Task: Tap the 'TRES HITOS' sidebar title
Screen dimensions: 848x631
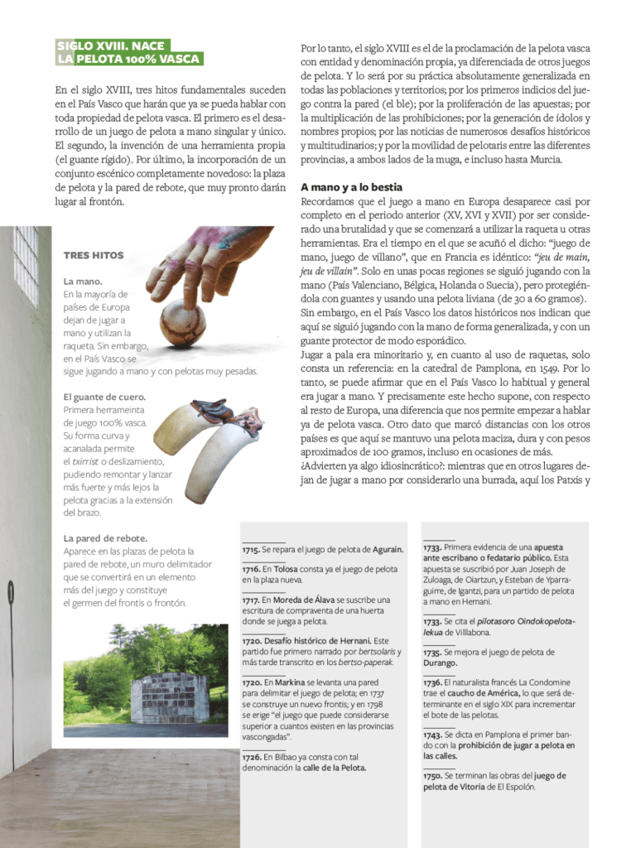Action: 93,255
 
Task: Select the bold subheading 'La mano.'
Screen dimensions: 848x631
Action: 83,282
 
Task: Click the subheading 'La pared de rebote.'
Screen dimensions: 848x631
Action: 105,538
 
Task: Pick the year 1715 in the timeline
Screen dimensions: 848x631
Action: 250,549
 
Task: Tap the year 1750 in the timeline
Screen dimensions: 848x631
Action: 432,775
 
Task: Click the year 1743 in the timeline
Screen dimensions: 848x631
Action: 432,735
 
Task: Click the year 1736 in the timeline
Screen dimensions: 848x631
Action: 432,682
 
